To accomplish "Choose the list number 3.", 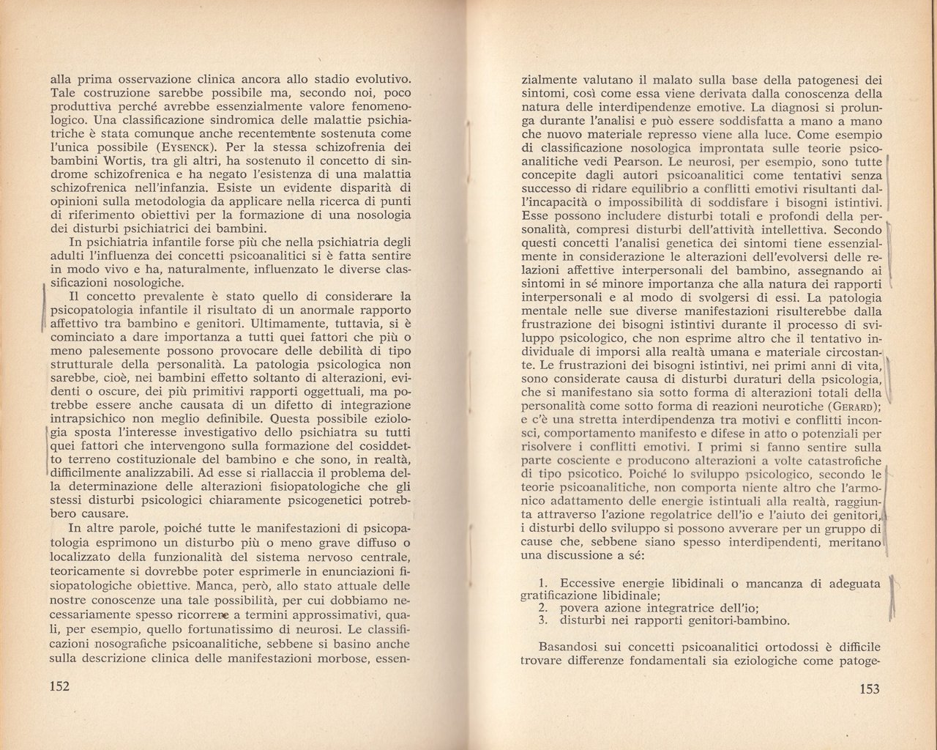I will (x=542, y=621).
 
